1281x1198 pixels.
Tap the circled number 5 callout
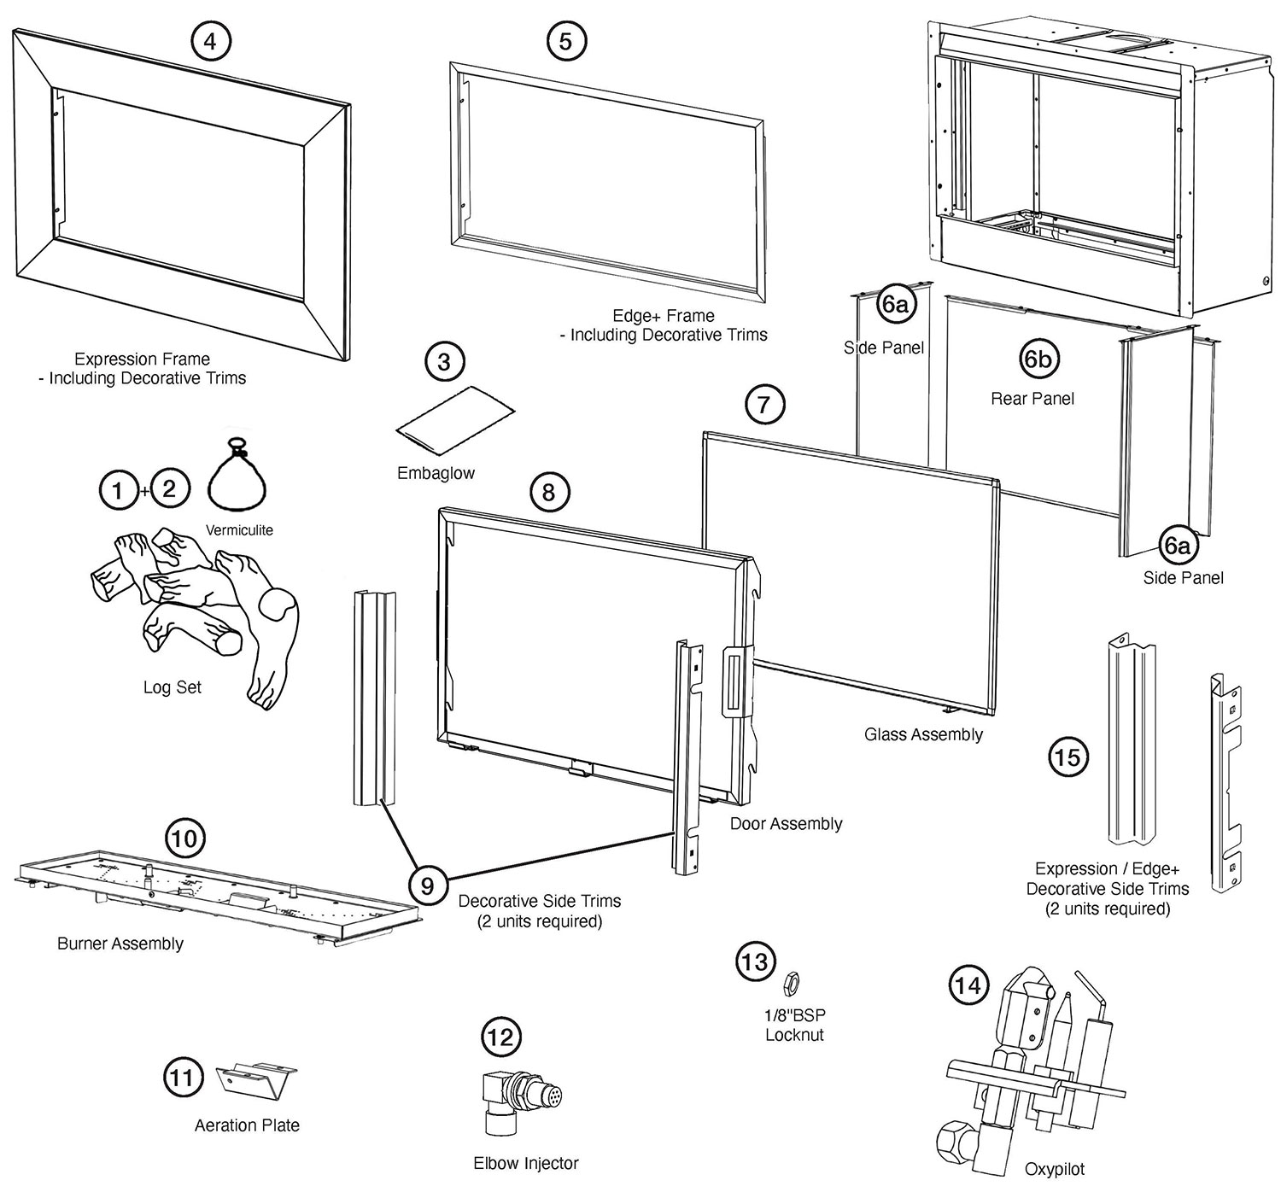coord(565,40)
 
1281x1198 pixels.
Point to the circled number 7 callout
coord(764,405)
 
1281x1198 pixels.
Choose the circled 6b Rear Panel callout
coord(1038,359)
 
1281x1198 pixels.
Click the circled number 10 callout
coord(184,839)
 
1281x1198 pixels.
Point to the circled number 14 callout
coord(968,986)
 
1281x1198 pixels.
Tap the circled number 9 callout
coord(427,885)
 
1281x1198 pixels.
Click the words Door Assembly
coord(786,824)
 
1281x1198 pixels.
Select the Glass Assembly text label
coord(923,734)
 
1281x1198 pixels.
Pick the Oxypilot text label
coord(1055,1169)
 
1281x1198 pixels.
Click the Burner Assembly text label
coord(120,944)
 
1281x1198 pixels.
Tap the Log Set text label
coord(173,687)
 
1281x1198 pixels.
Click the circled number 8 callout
coord(548,492)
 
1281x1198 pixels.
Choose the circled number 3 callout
coord(444,362)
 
